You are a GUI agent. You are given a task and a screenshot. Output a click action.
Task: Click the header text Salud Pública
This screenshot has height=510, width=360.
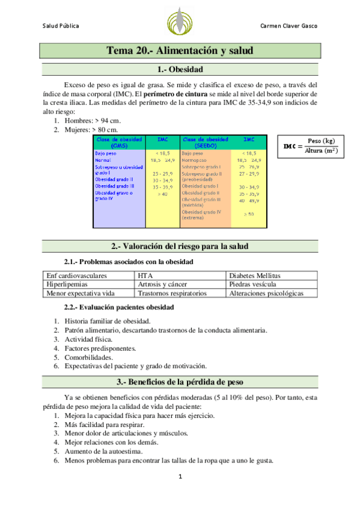pyautogui.click(x=61, y=26)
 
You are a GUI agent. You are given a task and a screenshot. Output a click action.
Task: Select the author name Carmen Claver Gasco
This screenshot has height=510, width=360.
pyautogui.click(x=289, y=26)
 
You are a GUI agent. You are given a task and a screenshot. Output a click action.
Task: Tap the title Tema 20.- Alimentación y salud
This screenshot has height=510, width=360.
pyautogui.click(x=180, y=51)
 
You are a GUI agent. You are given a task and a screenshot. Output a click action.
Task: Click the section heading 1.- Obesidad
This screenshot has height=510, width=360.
pyautogui.click(x=179, y=69)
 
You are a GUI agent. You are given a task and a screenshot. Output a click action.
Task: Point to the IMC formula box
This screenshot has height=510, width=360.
pyautogui.click(x=310, y=146)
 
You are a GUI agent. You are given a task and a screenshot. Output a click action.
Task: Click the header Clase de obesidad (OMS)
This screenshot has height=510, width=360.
pyautogui.click(x=119, y=143)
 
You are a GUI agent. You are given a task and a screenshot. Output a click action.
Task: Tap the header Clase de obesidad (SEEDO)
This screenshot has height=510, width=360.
pyautogui.click(x=205, y=143)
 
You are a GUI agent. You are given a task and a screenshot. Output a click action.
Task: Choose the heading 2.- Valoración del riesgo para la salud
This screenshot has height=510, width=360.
pyautogui.click(x=179, y=247)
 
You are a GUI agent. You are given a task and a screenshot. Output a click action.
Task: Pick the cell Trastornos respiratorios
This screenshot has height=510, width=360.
pyautogui.click(x=172, y=293)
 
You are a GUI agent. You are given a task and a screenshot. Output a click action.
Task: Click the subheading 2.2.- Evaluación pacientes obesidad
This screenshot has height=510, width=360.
pyautogui.click(x=119, y=307)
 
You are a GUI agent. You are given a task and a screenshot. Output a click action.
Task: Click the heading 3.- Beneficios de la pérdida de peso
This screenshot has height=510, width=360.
pyautogui.click(x=179, y=382)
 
